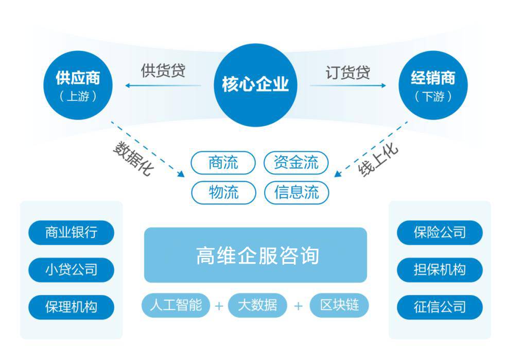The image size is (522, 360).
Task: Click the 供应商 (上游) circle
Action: (x=78, y=85)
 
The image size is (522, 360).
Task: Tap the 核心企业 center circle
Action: (x=255, y=85)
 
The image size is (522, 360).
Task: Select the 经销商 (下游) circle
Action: (x=433, y=85)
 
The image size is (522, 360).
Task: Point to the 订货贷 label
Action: (x=348, y=72)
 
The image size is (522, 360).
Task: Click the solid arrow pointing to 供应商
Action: (x=163, y=85)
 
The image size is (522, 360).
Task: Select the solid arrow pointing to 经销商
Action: (x=348, y=85)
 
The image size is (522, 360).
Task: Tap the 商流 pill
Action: (x=223, y=163)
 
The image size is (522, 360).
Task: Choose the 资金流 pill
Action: (x=296, y=163)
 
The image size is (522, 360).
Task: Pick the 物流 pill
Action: (x=223, y=193)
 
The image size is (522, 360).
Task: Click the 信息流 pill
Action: (x=297, y=193)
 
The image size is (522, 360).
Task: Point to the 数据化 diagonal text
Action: (x=133, y=158)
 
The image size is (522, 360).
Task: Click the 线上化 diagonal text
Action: (x=378, y=160)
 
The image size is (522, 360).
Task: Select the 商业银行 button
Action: (x=71, y=232)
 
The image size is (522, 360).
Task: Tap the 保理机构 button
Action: (x=71, y=307)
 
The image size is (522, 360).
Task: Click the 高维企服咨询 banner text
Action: (x=257, y=255)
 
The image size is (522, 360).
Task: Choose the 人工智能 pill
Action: (x=176, y=305)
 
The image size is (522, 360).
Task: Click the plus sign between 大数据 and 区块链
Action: (x=299, y=306)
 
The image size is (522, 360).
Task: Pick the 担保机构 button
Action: (x=440, y=270)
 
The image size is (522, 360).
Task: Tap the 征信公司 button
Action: (x=440, y=307)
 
